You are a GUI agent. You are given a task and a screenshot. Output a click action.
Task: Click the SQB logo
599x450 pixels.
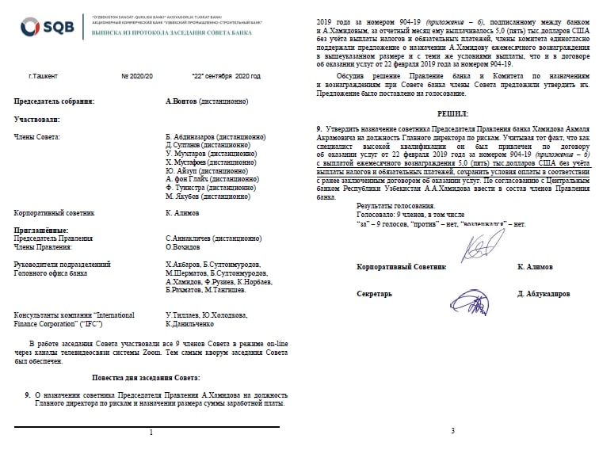coord(48,29)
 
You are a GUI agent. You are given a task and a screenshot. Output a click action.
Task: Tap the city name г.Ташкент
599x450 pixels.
coord(44,76)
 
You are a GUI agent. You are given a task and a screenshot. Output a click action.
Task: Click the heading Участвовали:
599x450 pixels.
coord(37,118)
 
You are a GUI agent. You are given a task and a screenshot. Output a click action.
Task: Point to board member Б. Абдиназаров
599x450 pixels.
coord(198,137)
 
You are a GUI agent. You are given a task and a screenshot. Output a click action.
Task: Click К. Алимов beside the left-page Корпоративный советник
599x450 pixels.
coord(183,212)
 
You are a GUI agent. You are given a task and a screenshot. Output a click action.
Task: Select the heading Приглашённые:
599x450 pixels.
coord(40,230)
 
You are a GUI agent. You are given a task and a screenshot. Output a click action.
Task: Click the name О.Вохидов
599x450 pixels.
coord(185,246)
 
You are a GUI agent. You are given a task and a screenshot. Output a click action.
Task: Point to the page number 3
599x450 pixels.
coord(452,430)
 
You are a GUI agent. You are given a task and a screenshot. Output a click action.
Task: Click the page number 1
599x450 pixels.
coord(150,433)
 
